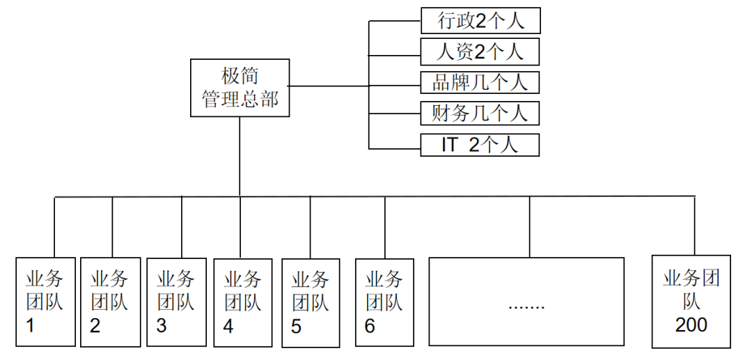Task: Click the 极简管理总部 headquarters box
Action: coord(240,88)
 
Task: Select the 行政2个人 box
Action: coord(480,21)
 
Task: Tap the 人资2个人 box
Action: coord(480,52)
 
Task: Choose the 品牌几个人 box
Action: coord(480,83)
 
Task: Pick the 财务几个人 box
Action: coord(480,113)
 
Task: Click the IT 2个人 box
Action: coord(480,144)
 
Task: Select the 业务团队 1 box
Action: coord(45,302)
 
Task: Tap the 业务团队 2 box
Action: coord(110,302)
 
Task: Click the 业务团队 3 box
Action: coord(176,302)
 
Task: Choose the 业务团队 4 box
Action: coord(243,302)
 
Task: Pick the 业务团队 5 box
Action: coord(311,302)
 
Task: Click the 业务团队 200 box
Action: coord(691,302)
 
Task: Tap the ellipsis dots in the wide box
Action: coord(526,306)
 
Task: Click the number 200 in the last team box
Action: coord(691,324)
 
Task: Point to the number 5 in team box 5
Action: coord(297,326)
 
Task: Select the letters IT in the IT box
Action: coord(450,145)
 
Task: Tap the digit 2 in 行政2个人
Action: coord(480,22)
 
